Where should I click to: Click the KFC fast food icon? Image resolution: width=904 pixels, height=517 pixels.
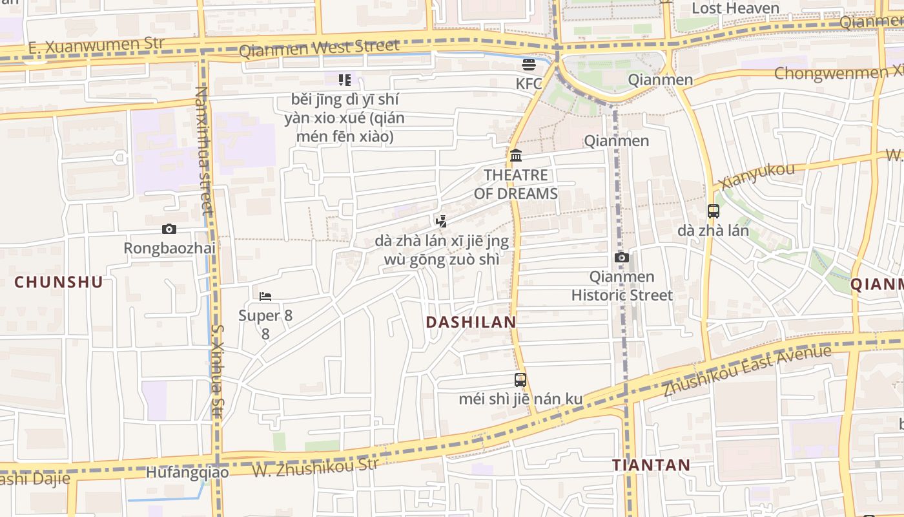pos(529,64)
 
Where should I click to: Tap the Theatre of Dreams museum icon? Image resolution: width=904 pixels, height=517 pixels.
pos(516,155)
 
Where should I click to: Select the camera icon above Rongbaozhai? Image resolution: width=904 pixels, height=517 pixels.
pos(169,229)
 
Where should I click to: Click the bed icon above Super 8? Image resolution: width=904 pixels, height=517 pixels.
pos(265,297)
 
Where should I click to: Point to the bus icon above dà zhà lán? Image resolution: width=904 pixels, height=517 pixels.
pos(714,211)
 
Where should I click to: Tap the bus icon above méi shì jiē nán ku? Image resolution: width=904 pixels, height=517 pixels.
pos(520,379)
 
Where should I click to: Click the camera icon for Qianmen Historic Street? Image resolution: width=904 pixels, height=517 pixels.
pos(622,257)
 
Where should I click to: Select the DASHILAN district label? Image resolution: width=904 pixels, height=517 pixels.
pos(471,322)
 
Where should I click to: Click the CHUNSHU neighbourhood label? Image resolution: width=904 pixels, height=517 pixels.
pos(59,282)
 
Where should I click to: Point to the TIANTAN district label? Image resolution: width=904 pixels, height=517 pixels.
pos(652,465)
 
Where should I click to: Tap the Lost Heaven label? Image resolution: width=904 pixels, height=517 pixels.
pos(735,8)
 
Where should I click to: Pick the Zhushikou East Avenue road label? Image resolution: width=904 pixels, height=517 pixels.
pos(747,372)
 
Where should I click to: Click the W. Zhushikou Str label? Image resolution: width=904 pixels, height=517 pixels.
pos(315,467)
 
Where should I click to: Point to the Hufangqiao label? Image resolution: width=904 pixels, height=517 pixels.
pos(187,472)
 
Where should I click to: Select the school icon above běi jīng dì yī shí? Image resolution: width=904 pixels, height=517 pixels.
pos(345,80)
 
